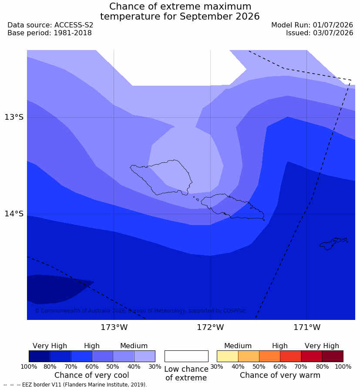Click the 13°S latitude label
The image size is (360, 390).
(x=14, y=117)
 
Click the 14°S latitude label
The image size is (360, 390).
(x=14, y=214)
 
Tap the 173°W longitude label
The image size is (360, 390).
(x=114, y=327)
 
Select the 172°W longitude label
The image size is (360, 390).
(x=211, y=327)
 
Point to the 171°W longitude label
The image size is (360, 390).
(x=307, y=327)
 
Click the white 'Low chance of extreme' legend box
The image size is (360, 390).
(x=186, y=356)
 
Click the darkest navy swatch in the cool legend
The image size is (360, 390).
(x=39, y=356)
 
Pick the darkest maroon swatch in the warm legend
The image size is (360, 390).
(x=333, y=356)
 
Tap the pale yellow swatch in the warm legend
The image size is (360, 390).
(x=227, y=356)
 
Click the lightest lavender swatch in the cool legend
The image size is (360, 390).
(x=145, y=356)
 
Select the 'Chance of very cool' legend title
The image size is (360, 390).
(x=92, y=375)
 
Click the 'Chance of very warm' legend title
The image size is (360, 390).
(x=280, y=375)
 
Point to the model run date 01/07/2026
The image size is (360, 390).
(x=333, y=25)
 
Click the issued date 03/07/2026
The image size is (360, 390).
(x=333, y=33)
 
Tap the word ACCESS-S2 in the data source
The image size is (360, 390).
(x=74, y=25)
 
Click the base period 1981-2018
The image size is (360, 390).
(x=73, y=33)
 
